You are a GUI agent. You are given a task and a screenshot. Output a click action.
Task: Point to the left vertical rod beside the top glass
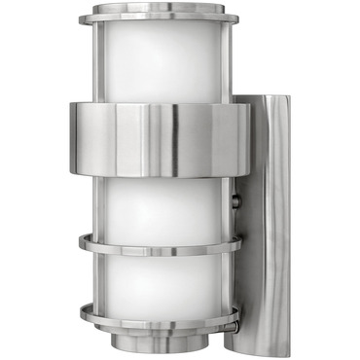coord(97,58)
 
